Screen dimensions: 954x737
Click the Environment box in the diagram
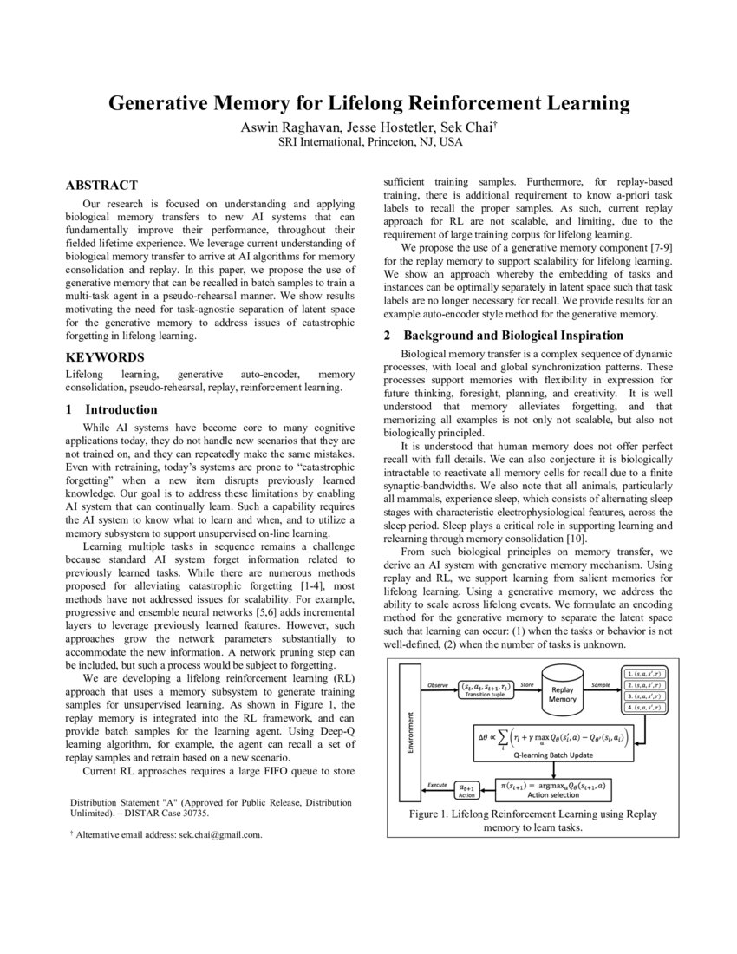tap(408, 732)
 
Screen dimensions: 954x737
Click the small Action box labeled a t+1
tap(466, 791)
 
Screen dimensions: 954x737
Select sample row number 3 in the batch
tap(646, 696)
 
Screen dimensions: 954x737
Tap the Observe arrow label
tap(439, 685)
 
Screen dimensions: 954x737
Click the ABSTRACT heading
tap(101, 185)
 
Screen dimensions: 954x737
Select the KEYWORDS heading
tap(105, 357)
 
